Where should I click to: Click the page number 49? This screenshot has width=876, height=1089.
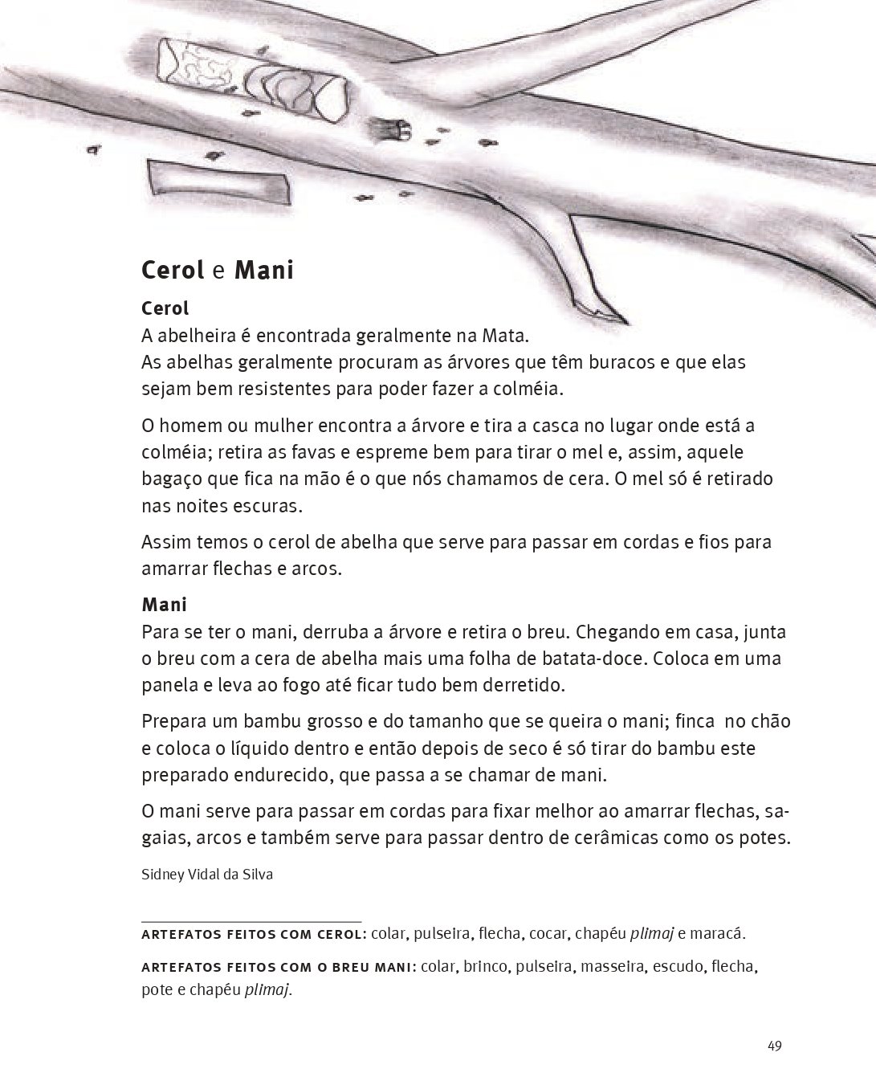coord(774,1046)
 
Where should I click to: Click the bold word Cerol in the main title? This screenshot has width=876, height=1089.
coord(173,270)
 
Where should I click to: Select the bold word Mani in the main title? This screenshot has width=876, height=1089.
coord(263,270)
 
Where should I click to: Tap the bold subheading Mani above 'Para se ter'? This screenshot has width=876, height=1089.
coord(164,604)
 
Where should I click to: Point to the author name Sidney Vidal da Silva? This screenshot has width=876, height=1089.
coord(207,875)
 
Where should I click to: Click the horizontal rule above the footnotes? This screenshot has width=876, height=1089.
coord(251,921)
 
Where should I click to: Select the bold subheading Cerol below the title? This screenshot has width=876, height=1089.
coord(165,308)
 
